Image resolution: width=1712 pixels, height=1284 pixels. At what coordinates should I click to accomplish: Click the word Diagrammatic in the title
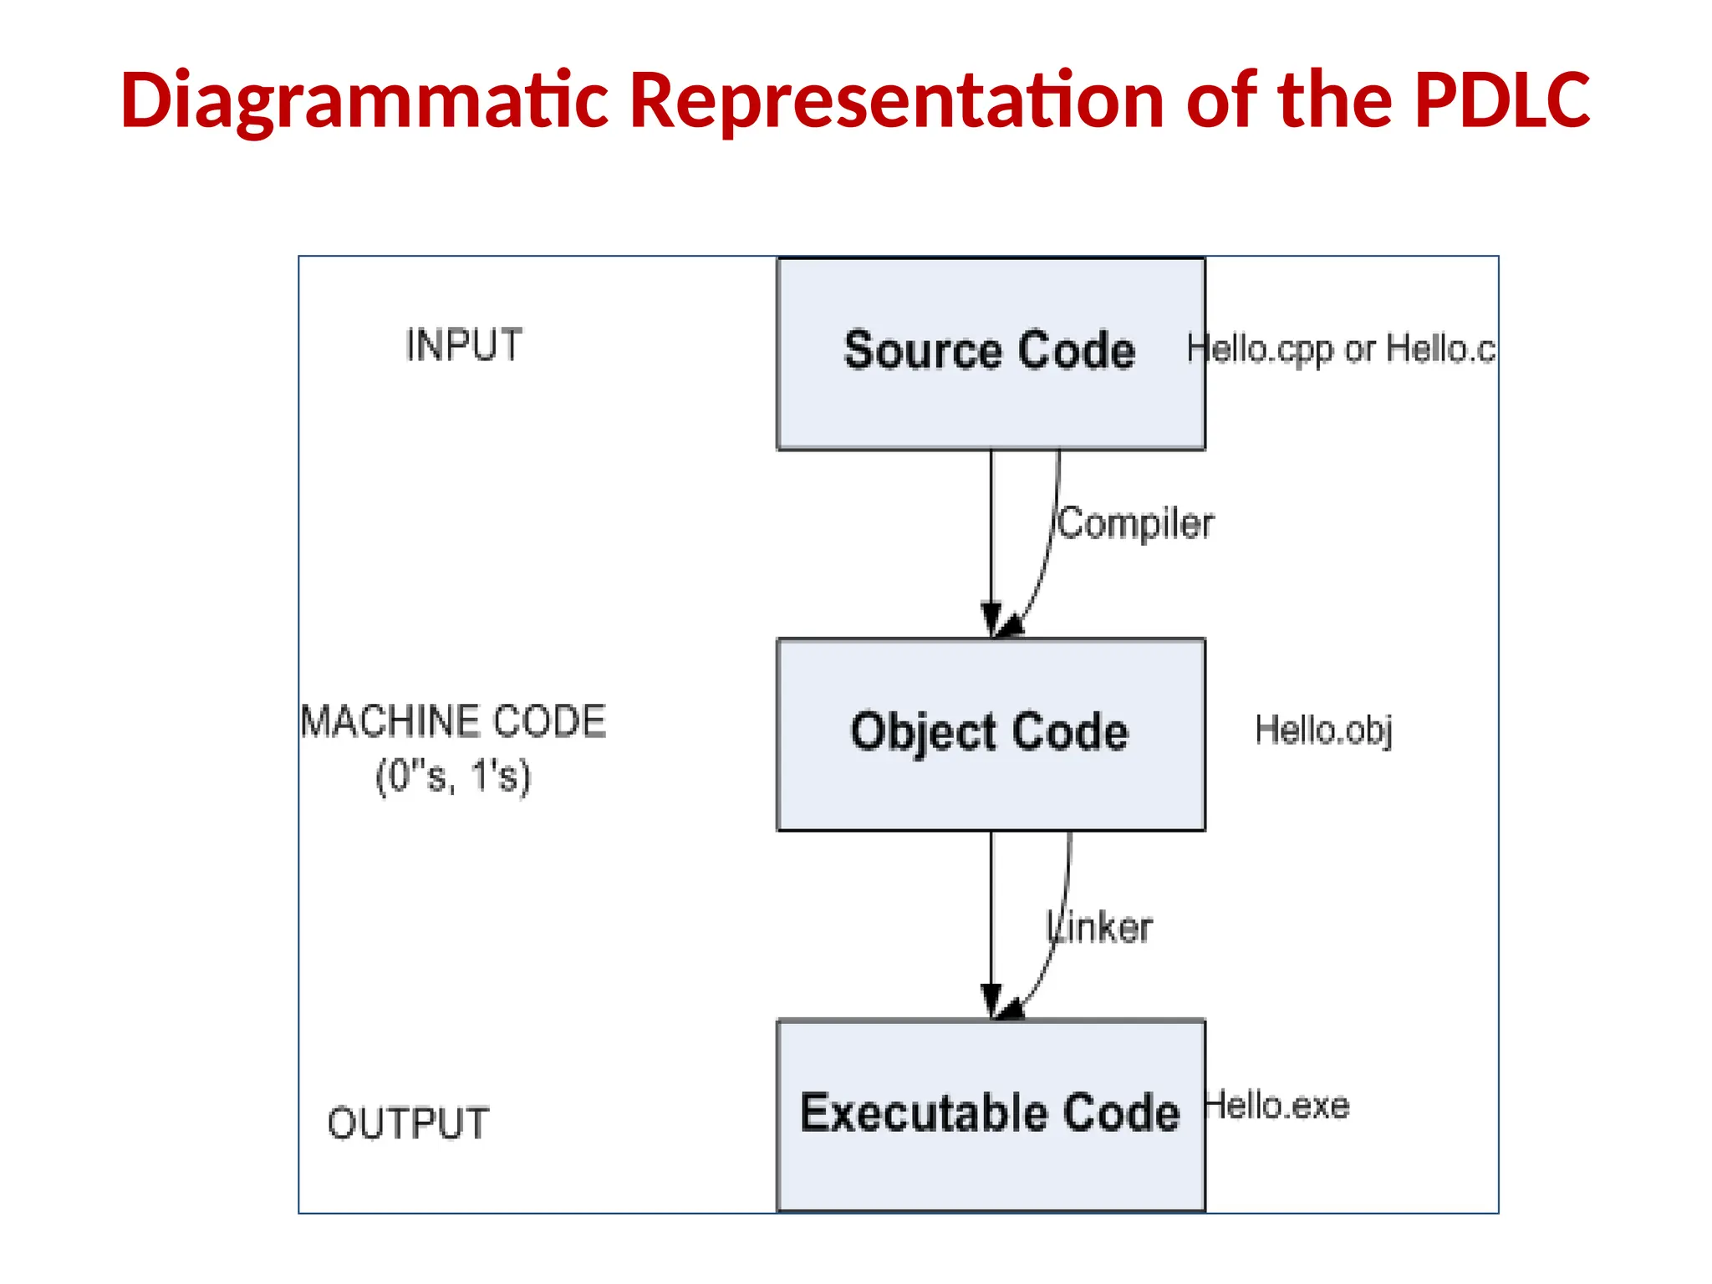tap(364, 100)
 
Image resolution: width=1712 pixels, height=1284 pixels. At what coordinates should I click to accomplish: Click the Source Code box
tap(991, 401)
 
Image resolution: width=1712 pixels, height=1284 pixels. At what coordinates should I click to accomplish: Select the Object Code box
tap(991, 786)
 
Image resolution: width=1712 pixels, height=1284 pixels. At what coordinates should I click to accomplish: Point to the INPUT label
tap(464, 345)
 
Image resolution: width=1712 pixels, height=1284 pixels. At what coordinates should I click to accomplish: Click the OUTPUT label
tap(408, 1123)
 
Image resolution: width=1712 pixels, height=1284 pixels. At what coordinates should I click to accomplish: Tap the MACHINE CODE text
tap(453, 721)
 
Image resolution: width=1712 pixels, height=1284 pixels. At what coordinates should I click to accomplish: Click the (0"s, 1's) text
tap(453, 776)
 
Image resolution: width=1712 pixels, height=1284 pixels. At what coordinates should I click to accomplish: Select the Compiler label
tap(1135, 524)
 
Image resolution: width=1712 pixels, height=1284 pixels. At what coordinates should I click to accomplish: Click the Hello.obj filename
tap(1323, 730)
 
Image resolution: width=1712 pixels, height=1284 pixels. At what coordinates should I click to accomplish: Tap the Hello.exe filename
tap(1277, 1106)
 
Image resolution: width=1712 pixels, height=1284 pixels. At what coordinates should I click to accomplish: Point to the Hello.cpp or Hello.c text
tap(1341, 349)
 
